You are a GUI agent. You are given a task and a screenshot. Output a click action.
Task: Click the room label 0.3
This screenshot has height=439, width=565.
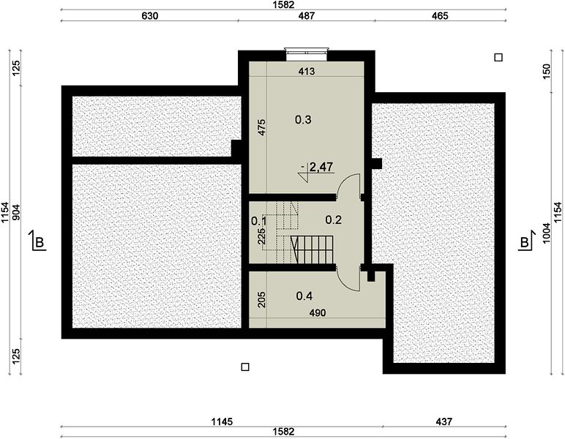(303, 119)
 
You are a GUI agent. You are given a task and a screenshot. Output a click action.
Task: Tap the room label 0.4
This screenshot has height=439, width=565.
(304, 296)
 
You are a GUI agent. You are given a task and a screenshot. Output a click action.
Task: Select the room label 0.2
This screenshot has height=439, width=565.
(333, 219)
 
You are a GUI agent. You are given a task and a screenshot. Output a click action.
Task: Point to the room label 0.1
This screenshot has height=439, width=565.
(259, 221)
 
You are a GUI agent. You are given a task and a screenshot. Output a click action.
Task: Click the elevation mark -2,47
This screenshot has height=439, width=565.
(317, 167)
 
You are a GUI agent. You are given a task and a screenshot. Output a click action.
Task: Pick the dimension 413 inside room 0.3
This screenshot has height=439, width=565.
(307, 71)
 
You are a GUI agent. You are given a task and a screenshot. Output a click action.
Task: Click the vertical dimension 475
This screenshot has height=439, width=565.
(262, 127)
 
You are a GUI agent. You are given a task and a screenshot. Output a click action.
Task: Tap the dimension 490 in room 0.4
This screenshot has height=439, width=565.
(318, 313)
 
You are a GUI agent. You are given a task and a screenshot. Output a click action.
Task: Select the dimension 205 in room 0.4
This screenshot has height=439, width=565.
(262, 300)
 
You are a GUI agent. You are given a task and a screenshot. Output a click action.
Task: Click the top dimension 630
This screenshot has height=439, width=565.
(149, 16)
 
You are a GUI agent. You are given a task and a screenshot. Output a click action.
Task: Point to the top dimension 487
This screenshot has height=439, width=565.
(306, 16)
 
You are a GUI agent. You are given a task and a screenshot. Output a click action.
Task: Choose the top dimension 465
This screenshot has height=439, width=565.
(440, 16)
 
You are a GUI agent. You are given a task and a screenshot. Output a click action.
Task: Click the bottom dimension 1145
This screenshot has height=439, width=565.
(222, 421)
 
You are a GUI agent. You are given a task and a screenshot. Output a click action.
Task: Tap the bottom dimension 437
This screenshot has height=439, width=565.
(444, 421)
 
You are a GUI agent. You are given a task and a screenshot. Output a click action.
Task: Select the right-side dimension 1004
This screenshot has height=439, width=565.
(547, 233)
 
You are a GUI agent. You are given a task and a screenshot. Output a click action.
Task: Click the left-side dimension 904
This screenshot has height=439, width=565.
(17, 212)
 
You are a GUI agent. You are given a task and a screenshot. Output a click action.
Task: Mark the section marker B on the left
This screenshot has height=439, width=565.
(38, 241)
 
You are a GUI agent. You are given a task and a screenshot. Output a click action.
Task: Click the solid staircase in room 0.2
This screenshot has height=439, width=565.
(312, 249)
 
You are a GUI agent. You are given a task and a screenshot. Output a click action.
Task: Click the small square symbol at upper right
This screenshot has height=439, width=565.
(498, 58)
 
